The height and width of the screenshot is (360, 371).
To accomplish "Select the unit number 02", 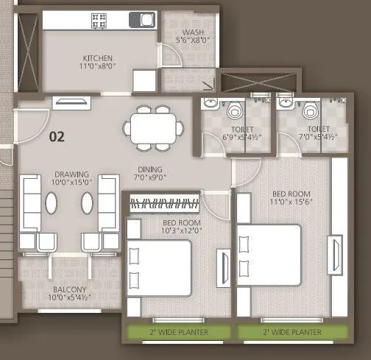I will (x=57, y=136).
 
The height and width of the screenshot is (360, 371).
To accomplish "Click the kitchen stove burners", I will (x=99, y=21).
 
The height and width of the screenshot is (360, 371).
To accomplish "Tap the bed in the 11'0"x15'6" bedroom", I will (x=269, y=255).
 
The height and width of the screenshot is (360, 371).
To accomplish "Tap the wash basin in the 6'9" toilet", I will (x=210, y=104).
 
